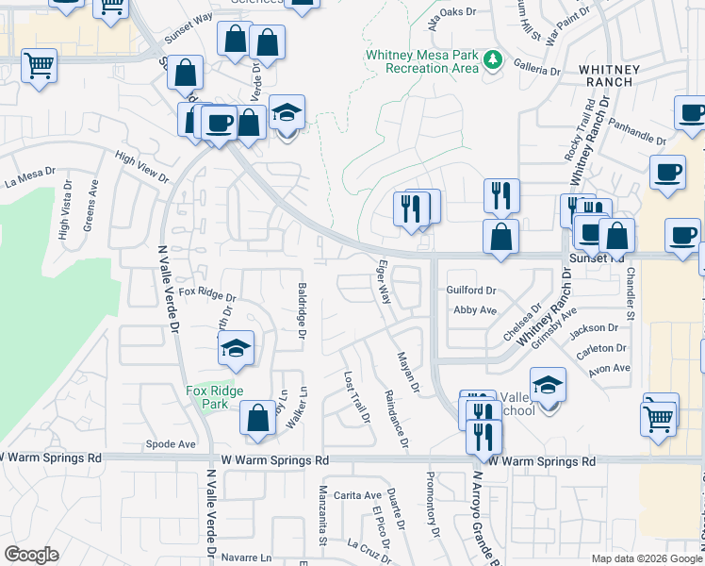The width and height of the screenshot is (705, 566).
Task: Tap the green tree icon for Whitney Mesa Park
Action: point(492,61)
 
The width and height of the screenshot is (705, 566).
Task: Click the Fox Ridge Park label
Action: point(214,397)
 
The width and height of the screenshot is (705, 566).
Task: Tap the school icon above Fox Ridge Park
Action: point(236,350)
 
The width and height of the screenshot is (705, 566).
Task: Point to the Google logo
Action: point(31,555)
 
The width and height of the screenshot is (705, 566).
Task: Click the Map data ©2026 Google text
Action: point(647,558)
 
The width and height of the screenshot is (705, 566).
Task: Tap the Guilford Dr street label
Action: point(471,291)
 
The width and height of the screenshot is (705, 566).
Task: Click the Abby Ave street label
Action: point(474,310)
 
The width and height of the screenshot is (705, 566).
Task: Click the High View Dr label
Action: point(141,170)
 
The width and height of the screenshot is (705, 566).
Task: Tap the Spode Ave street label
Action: point(171,443)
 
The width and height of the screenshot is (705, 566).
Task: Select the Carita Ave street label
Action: point(357,495)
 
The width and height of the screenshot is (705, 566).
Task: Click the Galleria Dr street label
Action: point(536,69)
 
